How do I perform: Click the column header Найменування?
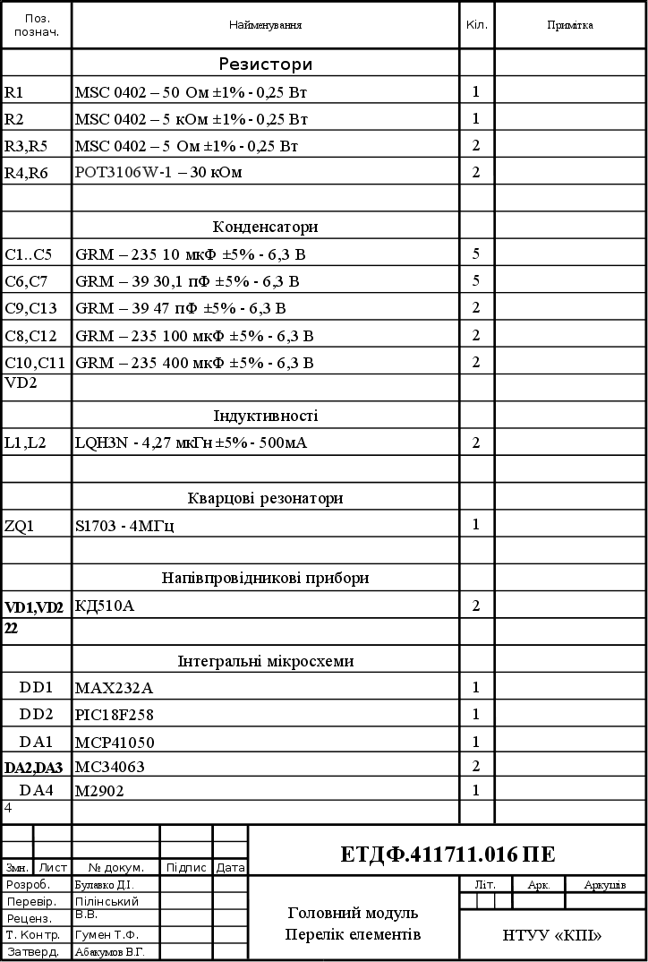265,25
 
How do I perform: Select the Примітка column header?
569,25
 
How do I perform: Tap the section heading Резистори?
265,64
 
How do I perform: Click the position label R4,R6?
26,173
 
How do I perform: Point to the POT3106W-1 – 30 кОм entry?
158,172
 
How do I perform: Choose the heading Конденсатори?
265,227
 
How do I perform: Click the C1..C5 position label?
29,254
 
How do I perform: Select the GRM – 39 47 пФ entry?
181,309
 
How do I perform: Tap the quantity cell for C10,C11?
476,362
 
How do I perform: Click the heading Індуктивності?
265,416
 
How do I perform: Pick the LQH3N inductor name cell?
192,442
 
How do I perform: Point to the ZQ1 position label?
19,526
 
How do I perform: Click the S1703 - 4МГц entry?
124,526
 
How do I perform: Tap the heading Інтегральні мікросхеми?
265,661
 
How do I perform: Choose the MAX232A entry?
114,688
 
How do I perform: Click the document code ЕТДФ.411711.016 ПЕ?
448,854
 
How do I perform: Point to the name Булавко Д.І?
104,884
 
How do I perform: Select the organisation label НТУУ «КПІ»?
551,936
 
